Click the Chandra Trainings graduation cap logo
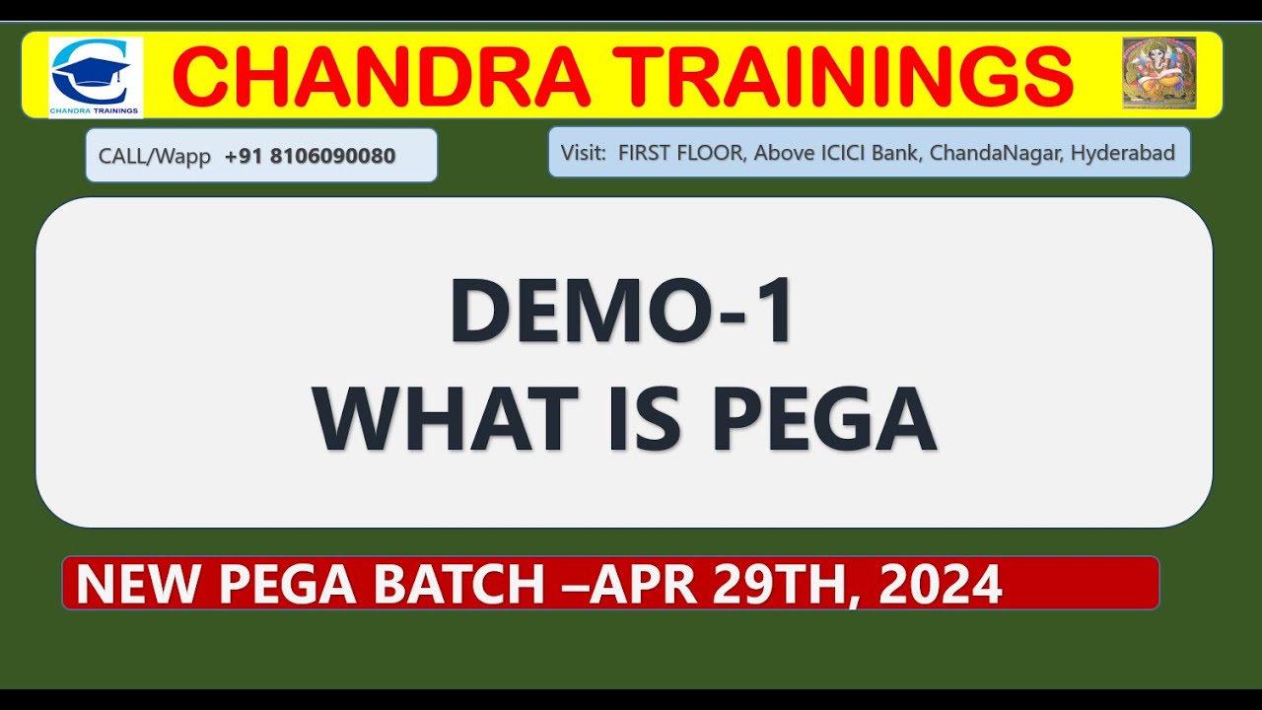(x=96, y=76)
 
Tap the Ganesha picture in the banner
(x=1158, y=73)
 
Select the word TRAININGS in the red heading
(x=847, y=77)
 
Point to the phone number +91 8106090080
(x=310, y=156)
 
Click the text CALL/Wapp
(x=155, y=156)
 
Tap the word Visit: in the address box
(x=586, y=153)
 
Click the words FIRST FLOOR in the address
(x=681, y=153)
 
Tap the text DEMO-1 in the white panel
(x=622, y=313)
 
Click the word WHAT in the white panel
(x=445, y=420)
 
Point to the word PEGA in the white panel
(x=823, y=420)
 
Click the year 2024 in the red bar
(x=941, y=584)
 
